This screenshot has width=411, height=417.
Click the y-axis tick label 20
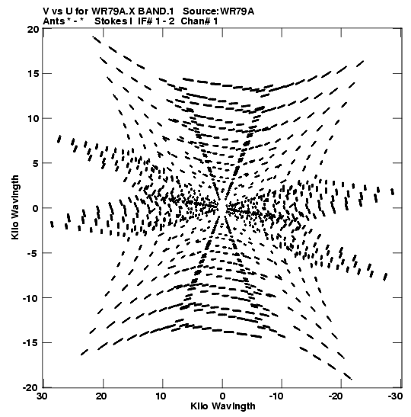click(33, 29)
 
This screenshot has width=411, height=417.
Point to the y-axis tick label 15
click(33, 74)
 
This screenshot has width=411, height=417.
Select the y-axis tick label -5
click(33, 253)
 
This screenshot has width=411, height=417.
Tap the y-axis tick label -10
click(30, 298)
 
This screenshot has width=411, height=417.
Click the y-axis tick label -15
click(30, 343)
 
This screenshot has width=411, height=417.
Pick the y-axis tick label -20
click(30, 388)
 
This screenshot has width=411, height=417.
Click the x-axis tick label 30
click(42, 396)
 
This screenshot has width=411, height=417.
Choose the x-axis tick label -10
click(279, 396)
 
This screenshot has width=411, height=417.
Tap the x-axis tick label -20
click(338, 396)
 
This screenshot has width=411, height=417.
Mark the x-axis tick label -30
click(395, 396)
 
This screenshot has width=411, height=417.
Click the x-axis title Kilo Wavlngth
click(223, 406)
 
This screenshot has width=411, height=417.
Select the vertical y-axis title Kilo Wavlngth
click(15, 207)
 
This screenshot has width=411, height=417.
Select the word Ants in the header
click(53, 21)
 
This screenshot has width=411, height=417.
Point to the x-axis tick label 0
click(222, 396)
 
